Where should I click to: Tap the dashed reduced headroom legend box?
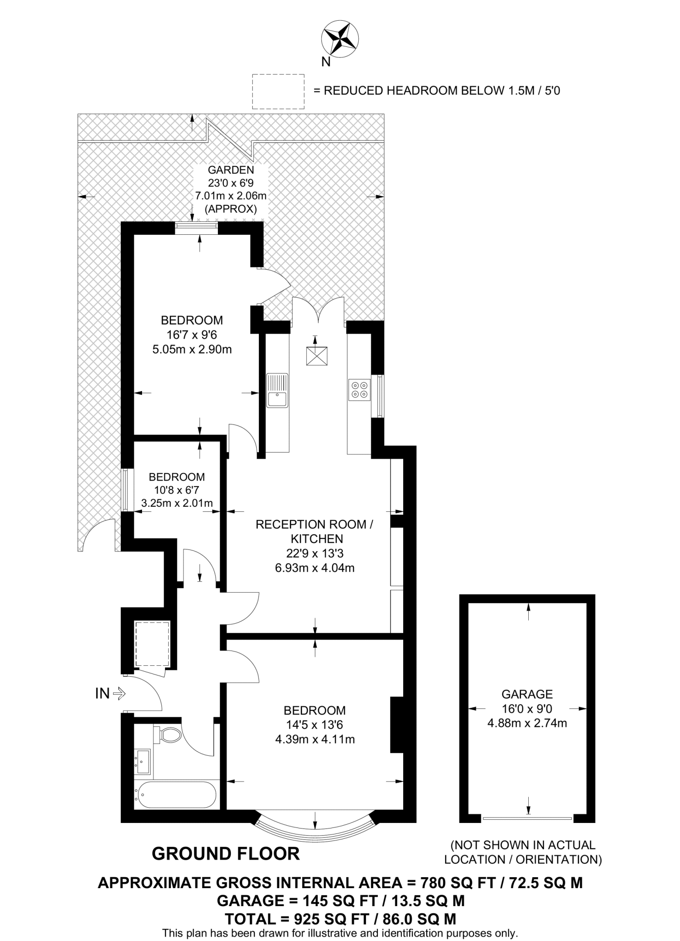[278, 91]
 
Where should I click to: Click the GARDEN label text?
[231, 170]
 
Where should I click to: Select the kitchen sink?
[277, 390]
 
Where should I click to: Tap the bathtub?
[175, 794]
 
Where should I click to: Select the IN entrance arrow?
[119, 693]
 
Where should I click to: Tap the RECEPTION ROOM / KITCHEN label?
[314, 532]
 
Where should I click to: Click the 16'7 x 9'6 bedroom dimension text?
[192, 334]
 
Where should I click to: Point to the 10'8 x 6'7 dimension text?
[177, 490]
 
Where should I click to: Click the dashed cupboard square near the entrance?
[153, 644]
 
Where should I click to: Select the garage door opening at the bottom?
[527, 818]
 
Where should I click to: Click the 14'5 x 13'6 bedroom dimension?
[314, 725]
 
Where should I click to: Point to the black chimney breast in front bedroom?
[396, 725]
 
